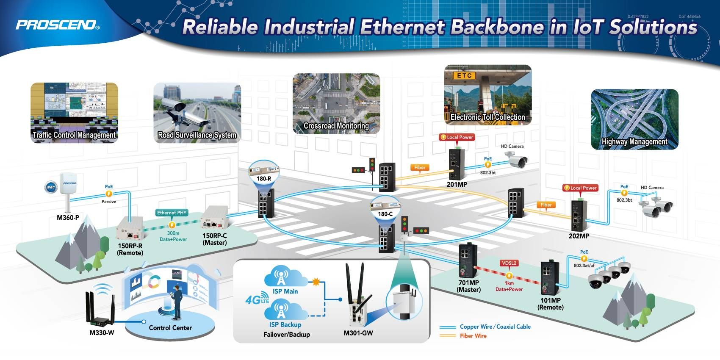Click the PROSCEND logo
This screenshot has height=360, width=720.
pyautogui.click(x=58, y=25)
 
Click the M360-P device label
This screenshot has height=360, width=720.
pyautogui.click(x=68, y=218)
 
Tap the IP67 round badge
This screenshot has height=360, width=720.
pyautogui.click(x=51, y=187)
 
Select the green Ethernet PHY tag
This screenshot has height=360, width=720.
pyautogui.click(x=172, y=213)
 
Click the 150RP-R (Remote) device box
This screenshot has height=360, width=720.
pyautogui.click(x=129, y=229)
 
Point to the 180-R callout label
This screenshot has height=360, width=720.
pyautogui.click(x=264, y=179)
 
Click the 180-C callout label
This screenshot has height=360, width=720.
pyautogui.click(x=385, y=214)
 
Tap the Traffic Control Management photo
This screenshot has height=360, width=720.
pyautogui.click(x=74, y=112)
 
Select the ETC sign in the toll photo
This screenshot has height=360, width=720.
pyautogui.click(x=464, y=75)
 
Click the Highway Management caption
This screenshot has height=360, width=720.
pyautogui.click(x=634, y=142)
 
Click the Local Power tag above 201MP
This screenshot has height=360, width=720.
pyautogui.click(x=457, y=137)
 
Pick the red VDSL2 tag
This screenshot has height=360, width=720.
pyautogui.click(x=509, y=263)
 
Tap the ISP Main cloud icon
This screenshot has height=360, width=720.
pyautogui.click(x=285, y=277)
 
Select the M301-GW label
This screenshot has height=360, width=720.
pyautogui.click(x=358, y=333)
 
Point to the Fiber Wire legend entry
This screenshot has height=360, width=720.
pyautogui.click(x=473, y=336)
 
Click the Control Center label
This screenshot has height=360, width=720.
pyautogui.click(x=170, y=328)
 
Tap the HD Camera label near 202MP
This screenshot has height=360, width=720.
pyautogui.click(x=652, y=188)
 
